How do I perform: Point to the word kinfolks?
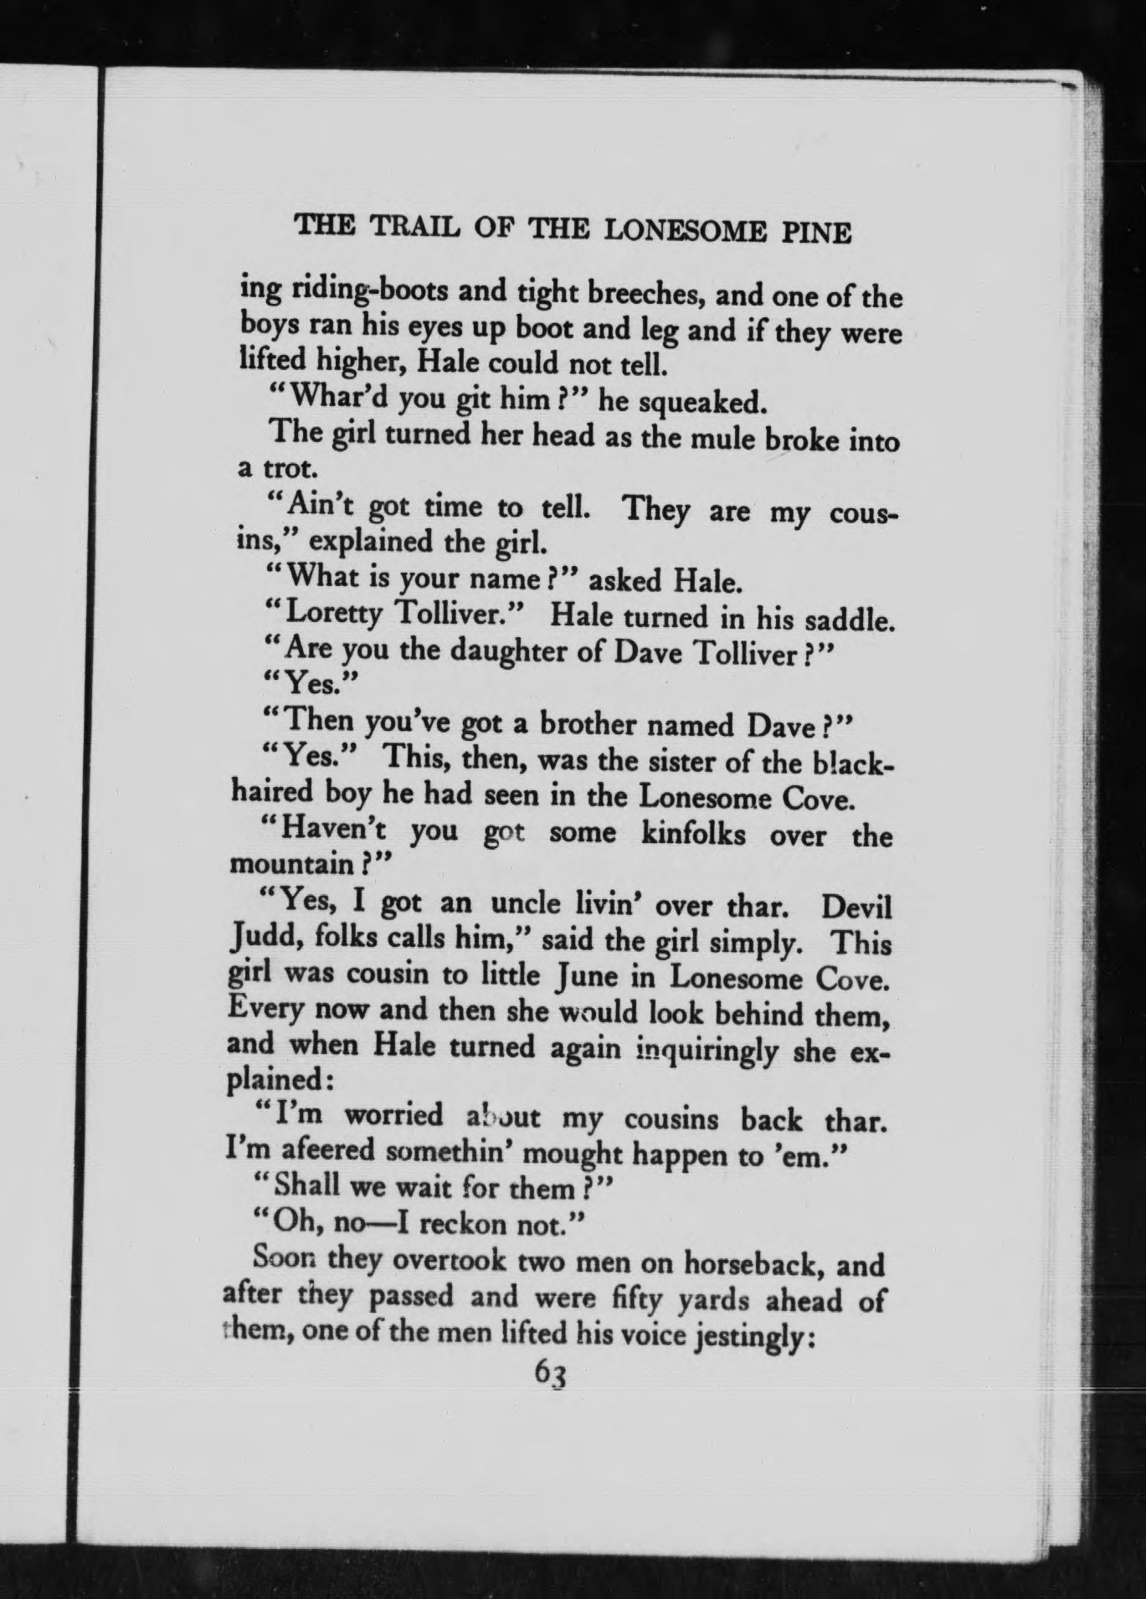click(692, 835)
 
